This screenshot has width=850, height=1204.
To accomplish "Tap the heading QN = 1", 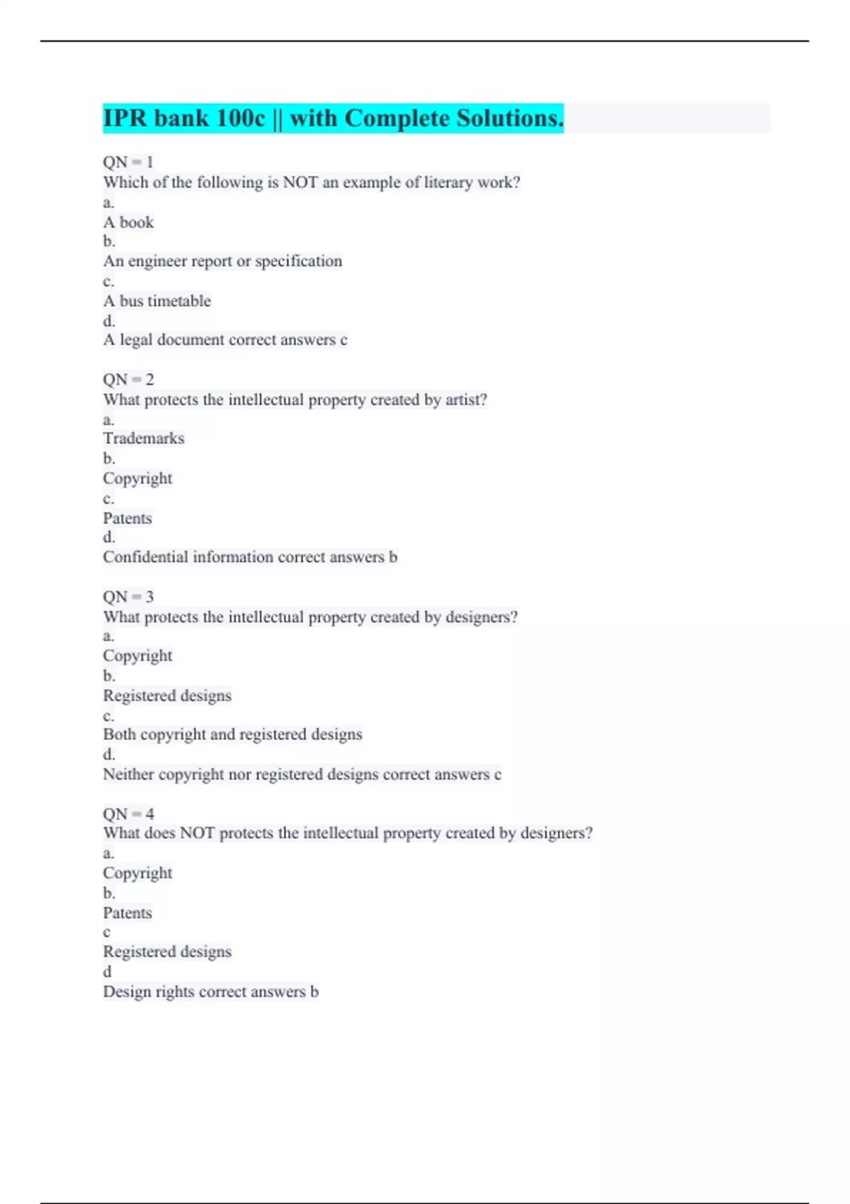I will tap(128, 162).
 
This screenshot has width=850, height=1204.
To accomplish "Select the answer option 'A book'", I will tap(128, 222).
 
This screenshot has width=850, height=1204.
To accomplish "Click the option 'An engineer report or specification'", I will tap(222, 261).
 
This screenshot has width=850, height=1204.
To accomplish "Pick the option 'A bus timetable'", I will tap(157, 301).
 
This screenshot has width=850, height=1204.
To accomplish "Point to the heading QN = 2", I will tap(128, 380).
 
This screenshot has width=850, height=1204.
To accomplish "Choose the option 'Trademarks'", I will tap(144, 438).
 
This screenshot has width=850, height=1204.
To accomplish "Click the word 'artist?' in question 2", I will tap(466, 399).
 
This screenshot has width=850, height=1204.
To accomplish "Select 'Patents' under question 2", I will tap(127, 518).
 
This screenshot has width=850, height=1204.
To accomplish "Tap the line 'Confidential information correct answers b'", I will tap(250, 557).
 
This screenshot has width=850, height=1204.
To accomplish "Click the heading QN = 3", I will tap(128, 597).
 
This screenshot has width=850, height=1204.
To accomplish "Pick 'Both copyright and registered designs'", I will tap(232, 734).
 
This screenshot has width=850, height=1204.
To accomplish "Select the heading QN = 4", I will tap(128, 814).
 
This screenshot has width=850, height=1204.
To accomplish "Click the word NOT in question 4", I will tap(197, 834).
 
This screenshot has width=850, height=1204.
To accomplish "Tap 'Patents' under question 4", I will tap(127, 913).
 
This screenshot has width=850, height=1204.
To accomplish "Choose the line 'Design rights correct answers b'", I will tap(210, 992).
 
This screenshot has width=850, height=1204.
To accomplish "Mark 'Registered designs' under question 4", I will tap(167, 952).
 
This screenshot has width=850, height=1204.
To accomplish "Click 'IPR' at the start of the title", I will tap(125, 118).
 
